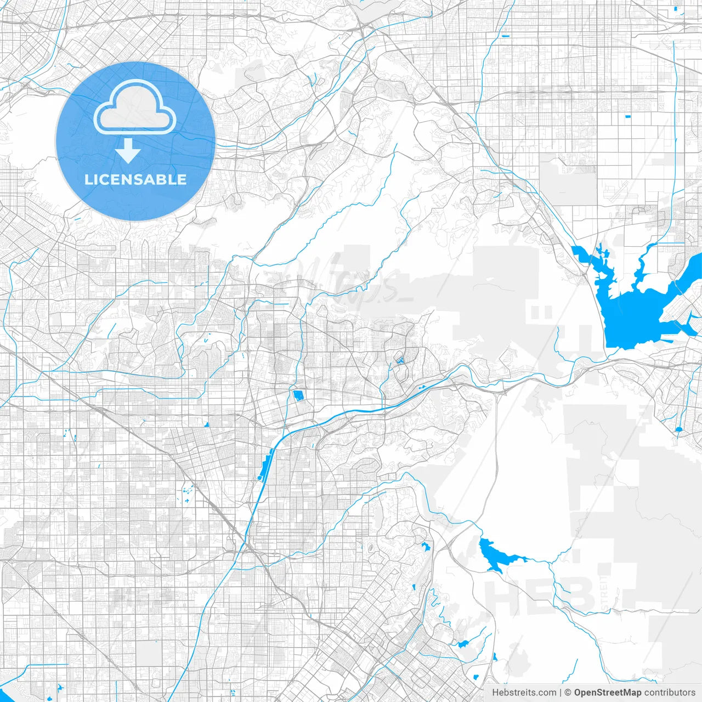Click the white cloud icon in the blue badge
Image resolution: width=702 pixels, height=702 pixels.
135,108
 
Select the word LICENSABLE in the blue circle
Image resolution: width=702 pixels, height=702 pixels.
135,179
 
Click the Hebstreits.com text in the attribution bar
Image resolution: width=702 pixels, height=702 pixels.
524,693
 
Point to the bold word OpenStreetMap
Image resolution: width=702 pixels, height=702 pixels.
607,693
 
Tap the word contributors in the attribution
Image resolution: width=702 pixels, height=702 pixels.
669,693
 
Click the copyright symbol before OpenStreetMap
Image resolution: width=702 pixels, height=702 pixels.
568,693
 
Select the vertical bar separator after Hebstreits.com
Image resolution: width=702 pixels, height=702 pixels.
561,693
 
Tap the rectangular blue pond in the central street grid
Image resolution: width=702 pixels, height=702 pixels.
299,395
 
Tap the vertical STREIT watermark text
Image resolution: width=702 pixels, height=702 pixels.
604,587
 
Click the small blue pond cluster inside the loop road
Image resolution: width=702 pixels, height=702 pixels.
400,360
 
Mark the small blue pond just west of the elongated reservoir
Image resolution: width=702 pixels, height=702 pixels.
424,546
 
